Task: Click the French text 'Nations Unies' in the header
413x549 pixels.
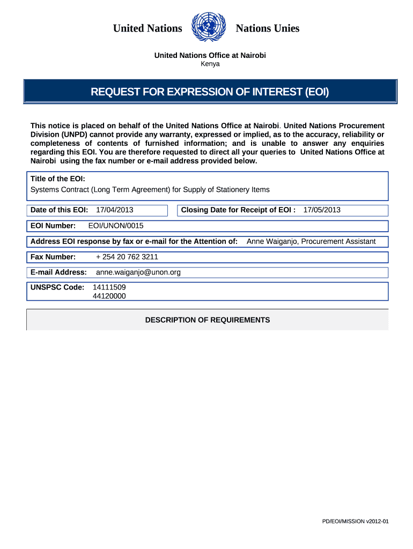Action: (x=268, y=28)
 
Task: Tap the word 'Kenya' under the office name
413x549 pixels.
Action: (x=210, y=64)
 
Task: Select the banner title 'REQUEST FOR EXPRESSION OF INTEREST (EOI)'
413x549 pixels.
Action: (x=210, y=92)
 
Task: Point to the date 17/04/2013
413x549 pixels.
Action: (x=114, y=210)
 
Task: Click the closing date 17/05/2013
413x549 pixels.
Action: (x=322, y=210)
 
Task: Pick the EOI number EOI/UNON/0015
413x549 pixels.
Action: (x=116, y=226)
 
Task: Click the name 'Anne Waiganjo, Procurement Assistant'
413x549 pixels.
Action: (x=311, y=241)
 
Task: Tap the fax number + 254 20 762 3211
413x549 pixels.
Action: (x=127, y=257)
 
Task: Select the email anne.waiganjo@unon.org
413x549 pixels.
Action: (x=138, y=272)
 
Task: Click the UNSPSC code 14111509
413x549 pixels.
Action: (x=109, y=287)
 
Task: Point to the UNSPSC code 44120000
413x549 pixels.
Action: (x=109, y=295)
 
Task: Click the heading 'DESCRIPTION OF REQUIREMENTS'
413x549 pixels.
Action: (x=208, y=320)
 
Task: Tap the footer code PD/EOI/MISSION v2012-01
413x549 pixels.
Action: (x=355, y=521)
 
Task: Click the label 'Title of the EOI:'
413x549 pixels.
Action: (x=58, y=179)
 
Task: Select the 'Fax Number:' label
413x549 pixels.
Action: (x=53, y=257)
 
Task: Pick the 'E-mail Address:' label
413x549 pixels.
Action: (x=58, y=272)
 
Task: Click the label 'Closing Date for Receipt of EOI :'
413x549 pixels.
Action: (x=238, y=210)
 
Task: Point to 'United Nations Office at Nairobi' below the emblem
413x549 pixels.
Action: (x=210, y=56)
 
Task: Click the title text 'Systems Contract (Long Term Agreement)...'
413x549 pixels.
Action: (x=150, y=190)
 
